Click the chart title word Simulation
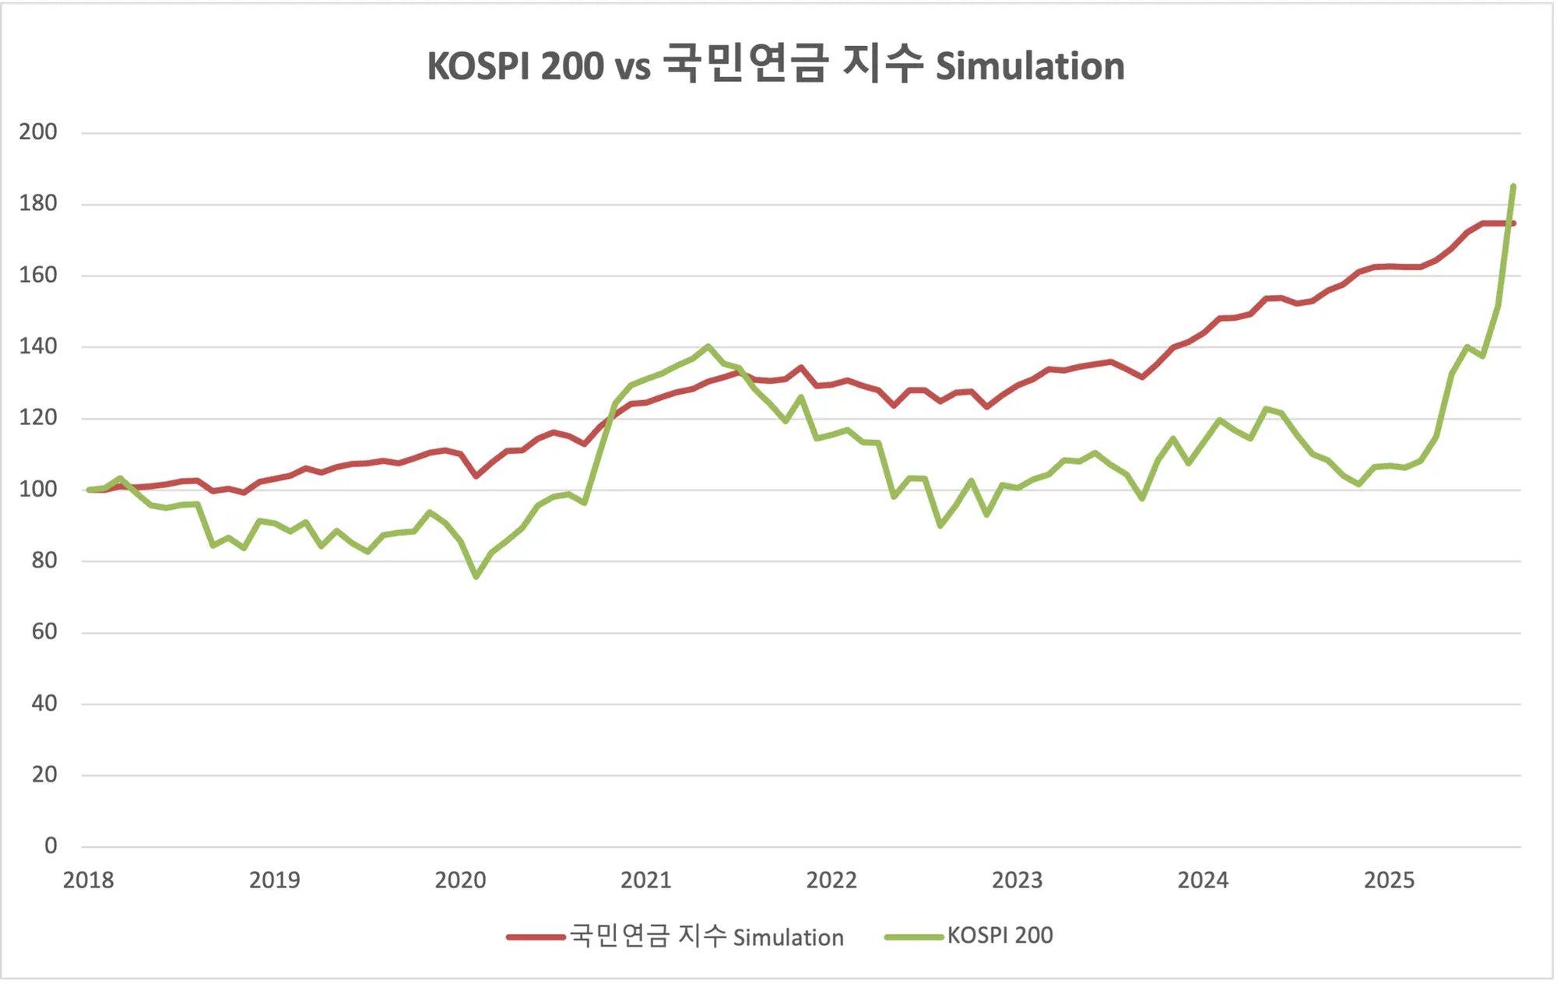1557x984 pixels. point(1029,66)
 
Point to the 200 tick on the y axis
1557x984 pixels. point(38,132)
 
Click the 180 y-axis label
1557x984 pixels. point(38,203)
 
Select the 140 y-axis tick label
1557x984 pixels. point(38,346)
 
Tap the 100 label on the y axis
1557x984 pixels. point(38,489)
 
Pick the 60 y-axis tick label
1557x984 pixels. point(44,631)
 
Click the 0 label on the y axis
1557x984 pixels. point(51,845)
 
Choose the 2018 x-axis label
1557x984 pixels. point(88,880)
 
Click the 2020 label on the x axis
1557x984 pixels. point(460,880)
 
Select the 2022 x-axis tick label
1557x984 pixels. point(831,880)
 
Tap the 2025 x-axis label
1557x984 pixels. point(1389,880)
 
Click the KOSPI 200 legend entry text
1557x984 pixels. point(1000,936)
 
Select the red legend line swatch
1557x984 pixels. point(536,937)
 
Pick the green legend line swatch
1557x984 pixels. point(914,937)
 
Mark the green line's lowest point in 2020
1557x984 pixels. point(476,577)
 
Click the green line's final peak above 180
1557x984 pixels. point(1513,186)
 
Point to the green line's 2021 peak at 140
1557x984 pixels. point(708,346)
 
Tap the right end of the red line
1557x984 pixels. point(1513,223)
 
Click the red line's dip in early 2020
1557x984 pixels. point(476,476)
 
